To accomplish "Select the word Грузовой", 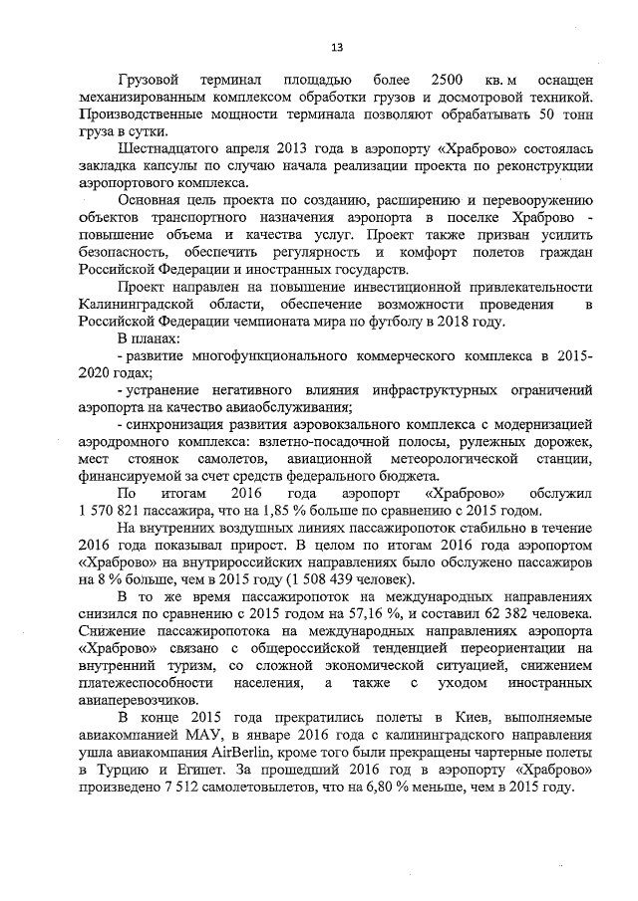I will pyautogui.click(x=149, y=79).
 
